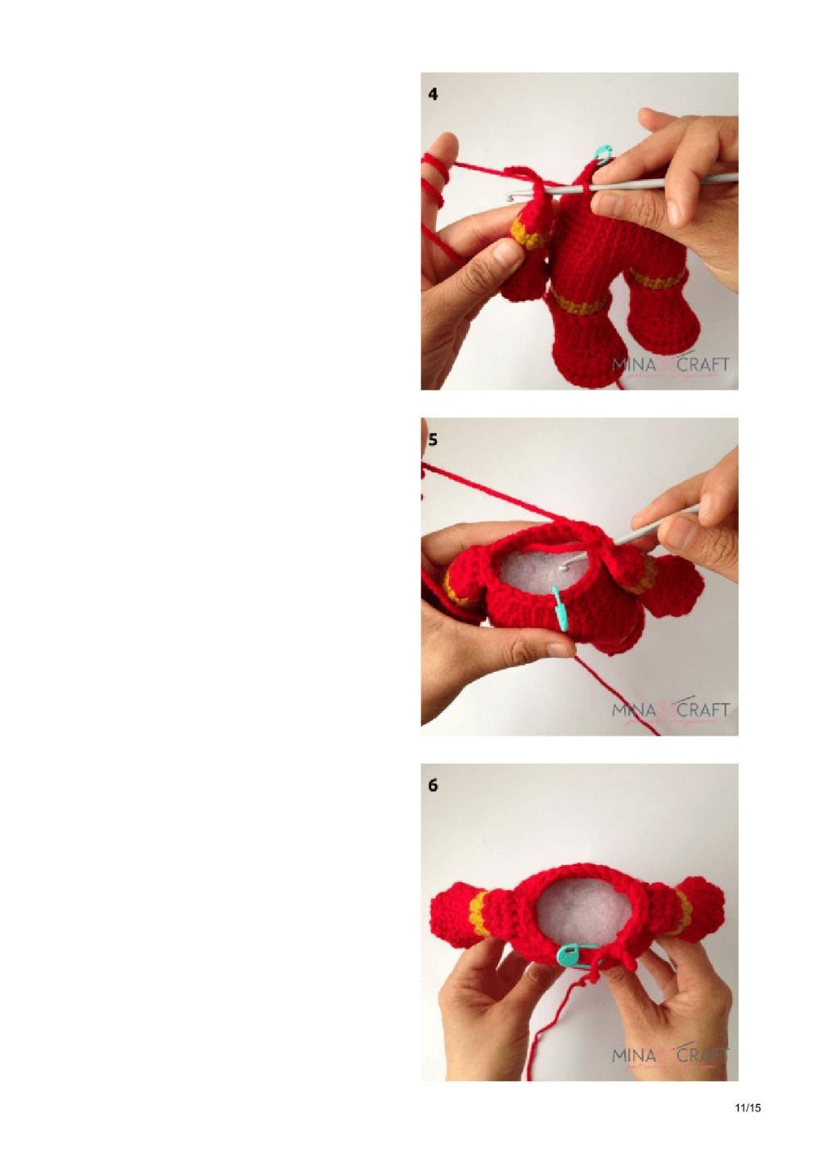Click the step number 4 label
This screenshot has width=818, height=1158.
(433, 94)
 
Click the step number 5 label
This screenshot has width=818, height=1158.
(433, 439)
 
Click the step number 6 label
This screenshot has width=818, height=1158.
(433, 785)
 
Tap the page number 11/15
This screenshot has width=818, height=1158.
(748, 1108)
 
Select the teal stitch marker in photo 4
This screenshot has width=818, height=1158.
(602, 152)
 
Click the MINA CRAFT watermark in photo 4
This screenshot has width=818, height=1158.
(670, 365)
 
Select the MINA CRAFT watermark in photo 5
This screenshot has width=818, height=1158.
(670, 710)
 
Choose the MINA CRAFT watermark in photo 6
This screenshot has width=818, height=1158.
(670, 1056)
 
